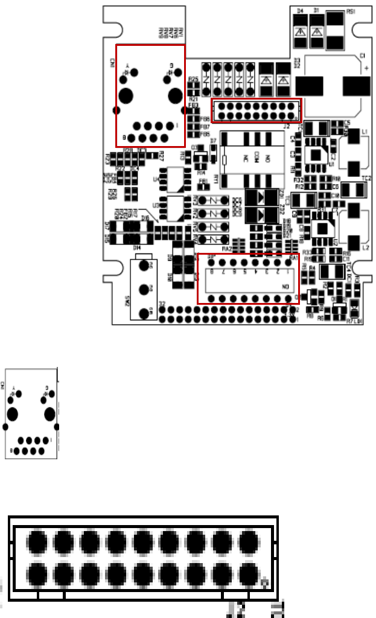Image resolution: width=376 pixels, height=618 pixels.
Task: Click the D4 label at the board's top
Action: [x=300, y=11]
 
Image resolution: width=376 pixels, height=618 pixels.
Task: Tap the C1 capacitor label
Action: [x=362, y=56]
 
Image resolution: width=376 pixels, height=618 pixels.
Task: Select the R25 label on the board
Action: [x=194, y=79]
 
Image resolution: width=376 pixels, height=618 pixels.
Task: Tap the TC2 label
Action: [x=366, y=179]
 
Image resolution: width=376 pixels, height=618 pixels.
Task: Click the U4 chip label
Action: [x=156, y=179]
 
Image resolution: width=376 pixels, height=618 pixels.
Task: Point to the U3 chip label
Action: [x=156, y=205]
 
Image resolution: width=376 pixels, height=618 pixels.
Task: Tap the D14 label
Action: [x=137, y=247]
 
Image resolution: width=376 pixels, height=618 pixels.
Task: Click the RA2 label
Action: [x=227, y=248]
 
